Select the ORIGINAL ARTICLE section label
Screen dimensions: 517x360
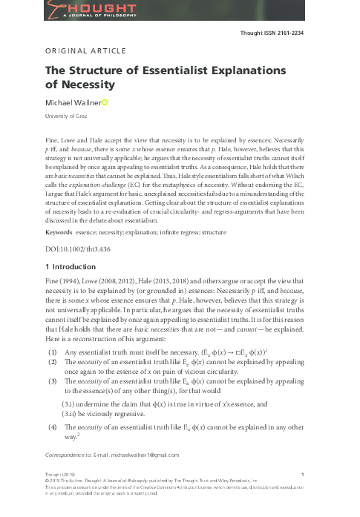[x=86, y=51]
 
